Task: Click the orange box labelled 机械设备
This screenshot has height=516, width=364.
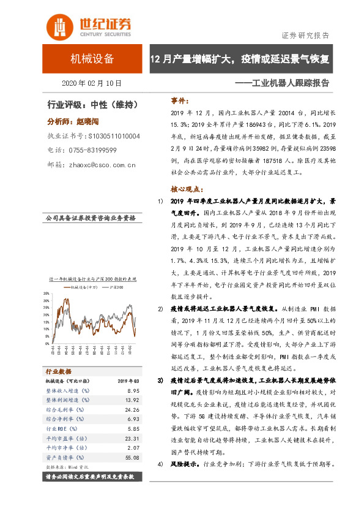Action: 92,59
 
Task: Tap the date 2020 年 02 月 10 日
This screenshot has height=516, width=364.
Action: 92,83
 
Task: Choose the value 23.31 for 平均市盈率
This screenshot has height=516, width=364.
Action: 124,438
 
